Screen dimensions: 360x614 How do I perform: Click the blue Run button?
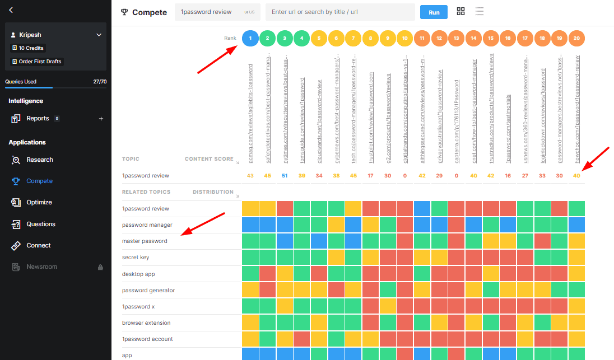click(x=434, y=12)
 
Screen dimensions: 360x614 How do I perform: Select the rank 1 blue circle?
click(x=250, y=38)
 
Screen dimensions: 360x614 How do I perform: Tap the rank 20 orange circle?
click(x=576, y=38)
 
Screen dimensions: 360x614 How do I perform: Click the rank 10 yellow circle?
click(x=404, y=38)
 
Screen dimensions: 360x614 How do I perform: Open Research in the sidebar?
click(x=39, y=160)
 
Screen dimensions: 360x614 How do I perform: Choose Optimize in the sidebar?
click(x=39, y=202)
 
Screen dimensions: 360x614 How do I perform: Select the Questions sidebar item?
click(x=41, y=224)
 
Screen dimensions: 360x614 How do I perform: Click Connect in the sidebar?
click(x=39, y=245)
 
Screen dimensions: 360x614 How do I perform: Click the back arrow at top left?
click(x=11, y=10)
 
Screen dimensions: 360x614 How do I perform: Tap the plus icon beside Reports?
click(x=101, y=119)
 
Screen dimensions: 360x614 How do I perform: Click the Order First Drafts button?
click(x=37, y=62)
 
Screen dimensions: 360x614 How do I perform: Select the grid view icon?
click(x=461, y=12)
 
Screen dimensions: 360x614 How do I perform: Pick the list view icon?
click(x=480, y=12)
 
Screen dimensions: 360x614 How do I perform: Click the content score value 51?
click(x=285, y=176)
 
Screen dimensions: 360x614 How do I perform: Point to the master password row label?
click(x=144, y=241)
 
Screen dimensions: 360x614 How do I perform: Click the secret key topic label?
click(x=136, y=258)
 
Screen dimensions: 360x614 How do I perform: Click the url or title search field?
click(x=340, y=12)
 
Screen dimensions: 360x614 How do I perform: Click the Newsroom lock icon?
click(x=101, y=267)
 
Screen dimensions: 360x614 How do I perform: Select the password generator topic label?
click(x=148, y=290)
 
